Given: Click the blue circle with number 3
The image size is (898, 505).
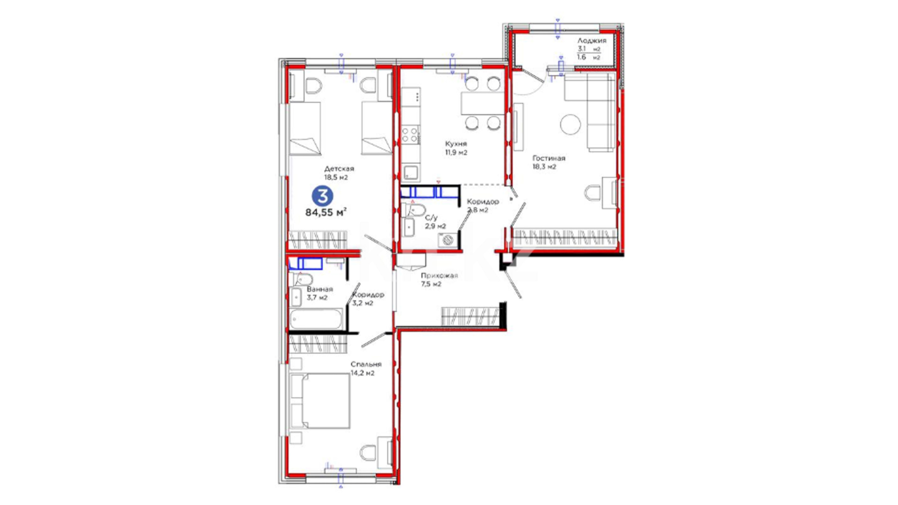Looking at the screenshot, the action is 323,196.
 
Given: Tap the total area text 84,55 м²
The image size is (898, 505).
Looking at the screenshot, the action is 326,212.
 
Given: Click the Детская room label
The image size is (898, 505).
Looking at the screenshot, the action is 339,168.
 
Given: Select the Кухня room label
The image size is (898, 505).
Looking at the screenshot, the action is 456,144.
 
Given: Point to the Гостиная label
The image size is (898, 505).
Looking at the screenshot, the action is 549,158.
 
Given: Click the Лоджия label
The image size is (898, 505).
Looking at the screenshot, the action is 592,41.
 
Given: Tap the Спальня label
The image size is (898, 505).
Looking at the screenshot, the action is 366,364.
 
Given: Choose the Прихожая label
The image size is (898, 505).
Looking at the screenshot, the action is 439,275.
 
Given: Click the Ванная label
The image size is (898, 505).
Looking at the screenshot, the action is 320,289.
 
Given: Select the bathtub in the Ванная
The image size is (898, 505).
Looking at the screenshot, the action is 316,319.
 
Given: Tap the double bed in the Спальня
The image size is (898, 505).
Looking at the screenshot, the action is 320,401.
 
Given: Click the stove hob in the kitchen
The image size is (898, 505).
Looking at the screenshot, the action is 410,135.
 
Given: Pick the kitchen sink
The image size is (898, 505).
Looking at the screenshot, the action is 411,172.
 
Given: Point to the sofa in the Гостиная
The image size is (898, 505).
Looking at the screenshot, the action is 590,112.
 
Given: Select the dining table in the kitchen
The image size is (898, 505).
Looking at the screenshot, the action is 483,104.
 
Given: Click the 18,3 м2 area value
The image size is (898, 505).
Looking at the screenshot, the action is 544,166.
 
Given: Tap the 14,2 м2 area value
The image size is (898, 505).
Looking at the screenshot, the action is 362,373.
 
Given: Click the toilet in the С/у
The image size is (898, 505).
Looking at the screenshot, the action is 415,209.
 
